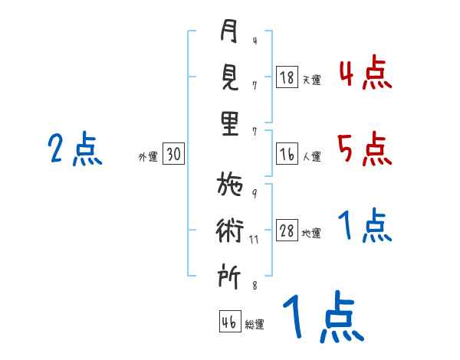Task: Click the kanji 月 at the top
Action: [x=228, y=31]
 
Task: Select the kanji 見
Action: [x=230, y=77]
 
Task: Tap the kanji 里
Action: [x=230, y=123]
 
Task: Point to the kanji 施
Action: [x=230, y=184]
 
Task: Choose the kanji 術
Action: [x=230, y=230]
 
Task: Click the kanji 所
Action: [x=229, y=276]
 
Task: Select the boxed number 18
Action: [x=287, y=77]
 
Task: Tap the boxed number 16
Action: [x=287, y=154]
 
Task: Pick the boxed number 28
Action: [x=287, y=230]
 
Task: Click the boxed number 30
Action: [x=173, y=153]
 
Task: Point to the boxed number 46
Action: [x=230, y=321]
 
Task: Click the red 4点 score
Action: [x=366, y=73]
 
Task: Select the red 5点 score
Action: [x=365, y=149]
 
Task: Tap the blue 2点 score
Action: [x=75, y=149]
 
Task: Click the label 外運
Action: [x=148, y=156]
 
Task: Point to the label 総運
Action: [x=255, y=325]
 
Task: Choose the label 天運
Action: [x=312, y=80]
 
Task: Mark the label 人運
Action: [x=312, y=156]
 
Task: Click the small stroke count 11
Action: [x=254, y=240]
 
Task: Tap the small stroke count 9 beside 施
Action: [x=255, y=194]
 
